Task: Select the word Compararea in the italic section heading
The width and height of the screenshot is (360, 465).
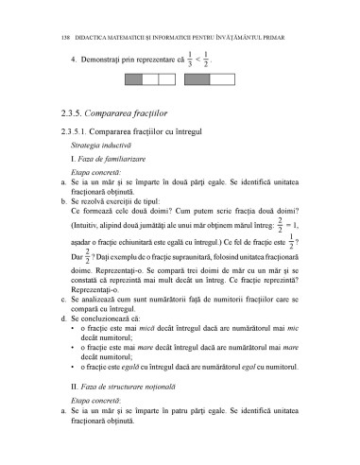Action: tap(123, 114)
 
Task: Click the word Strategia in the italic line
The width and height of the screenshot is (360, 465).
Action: tap(87, 147)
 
